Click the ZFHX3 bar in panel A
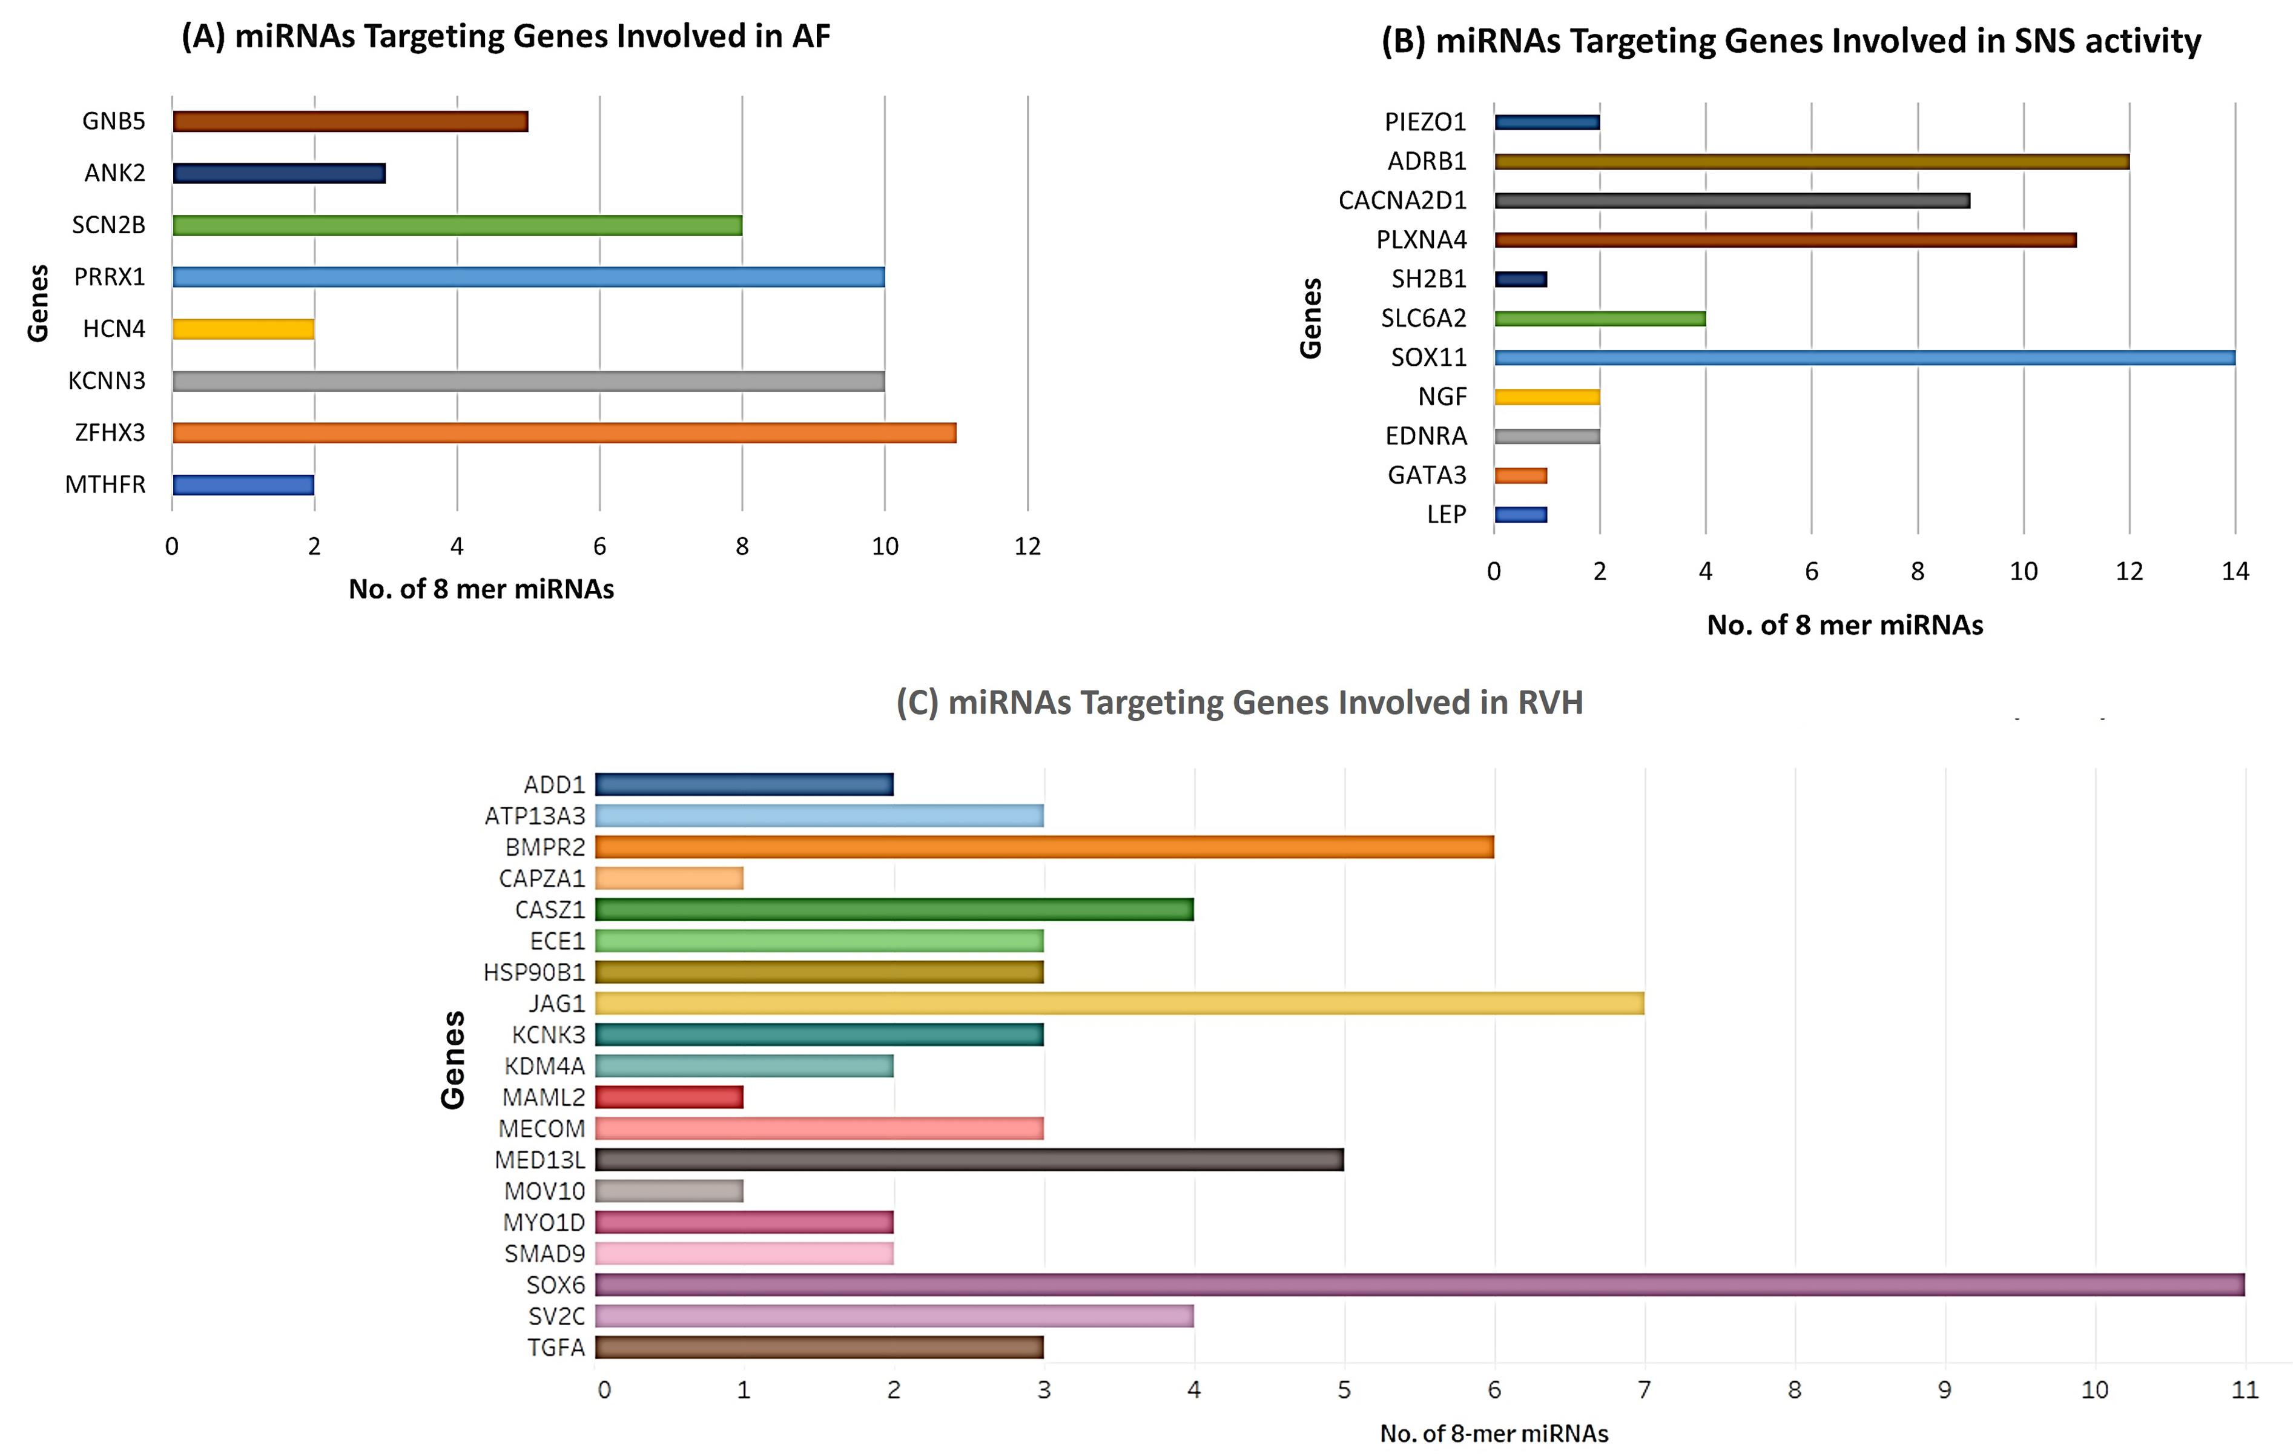point(564,433)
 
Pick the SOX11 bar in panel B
point(1864,358)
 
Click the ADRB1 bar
point(1811,162)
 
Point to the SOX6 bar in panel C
point(1419,1285)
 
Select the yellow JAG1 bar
point(1119,1004)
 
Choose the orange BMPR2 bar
point(1044,847)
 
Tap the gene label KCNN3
point(107,381)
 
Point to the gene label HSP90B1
point(534,972)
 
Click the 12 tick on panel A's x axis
point(1028,546)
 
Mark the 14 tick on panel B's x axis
point(2235,571)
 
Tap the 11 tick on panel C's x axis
point(2245,1391)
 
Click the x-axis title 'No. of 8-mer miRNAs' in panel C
point(1493,1433)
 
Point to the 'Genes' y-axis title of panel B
point(1311,318)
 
